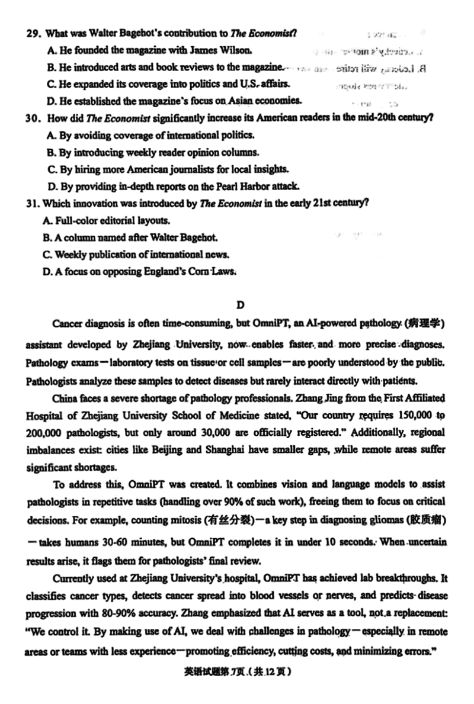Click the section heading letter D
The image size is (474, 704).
click(x=240, y=305)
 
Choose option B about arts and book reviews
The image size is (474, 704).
click(x=166, y=67)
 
